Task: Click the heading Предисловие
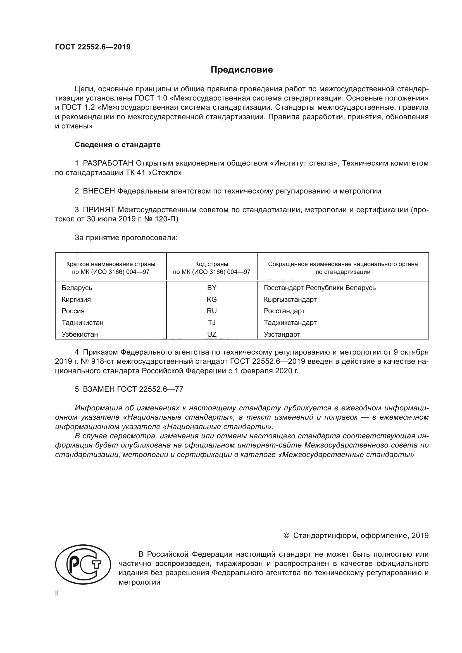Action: (242, 70)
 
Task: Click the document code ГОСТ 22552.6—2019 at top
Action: (93, 47)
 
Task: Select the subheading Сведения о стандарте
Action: (118, 145)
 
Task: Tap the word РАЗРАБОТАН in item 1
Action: (108, 163)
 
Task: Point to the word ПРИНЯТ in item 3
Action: (99, 210)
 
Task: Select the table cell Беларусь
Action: (77, 288)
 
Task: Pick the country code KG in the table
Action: (212, 300)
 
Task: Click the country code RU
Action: (212, 311)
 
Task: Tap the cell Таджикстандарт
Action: (290, 323)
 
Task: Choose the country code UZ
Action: (212, 334)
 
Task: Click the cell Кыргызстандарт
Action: (290, 300)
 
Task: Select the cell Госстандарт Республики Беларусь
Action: (320, 288)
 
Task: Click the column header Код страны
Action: (212, 264)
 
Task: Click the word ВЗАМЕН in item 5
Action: (99, 389)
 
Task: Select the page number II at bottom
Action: (57, 593)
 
